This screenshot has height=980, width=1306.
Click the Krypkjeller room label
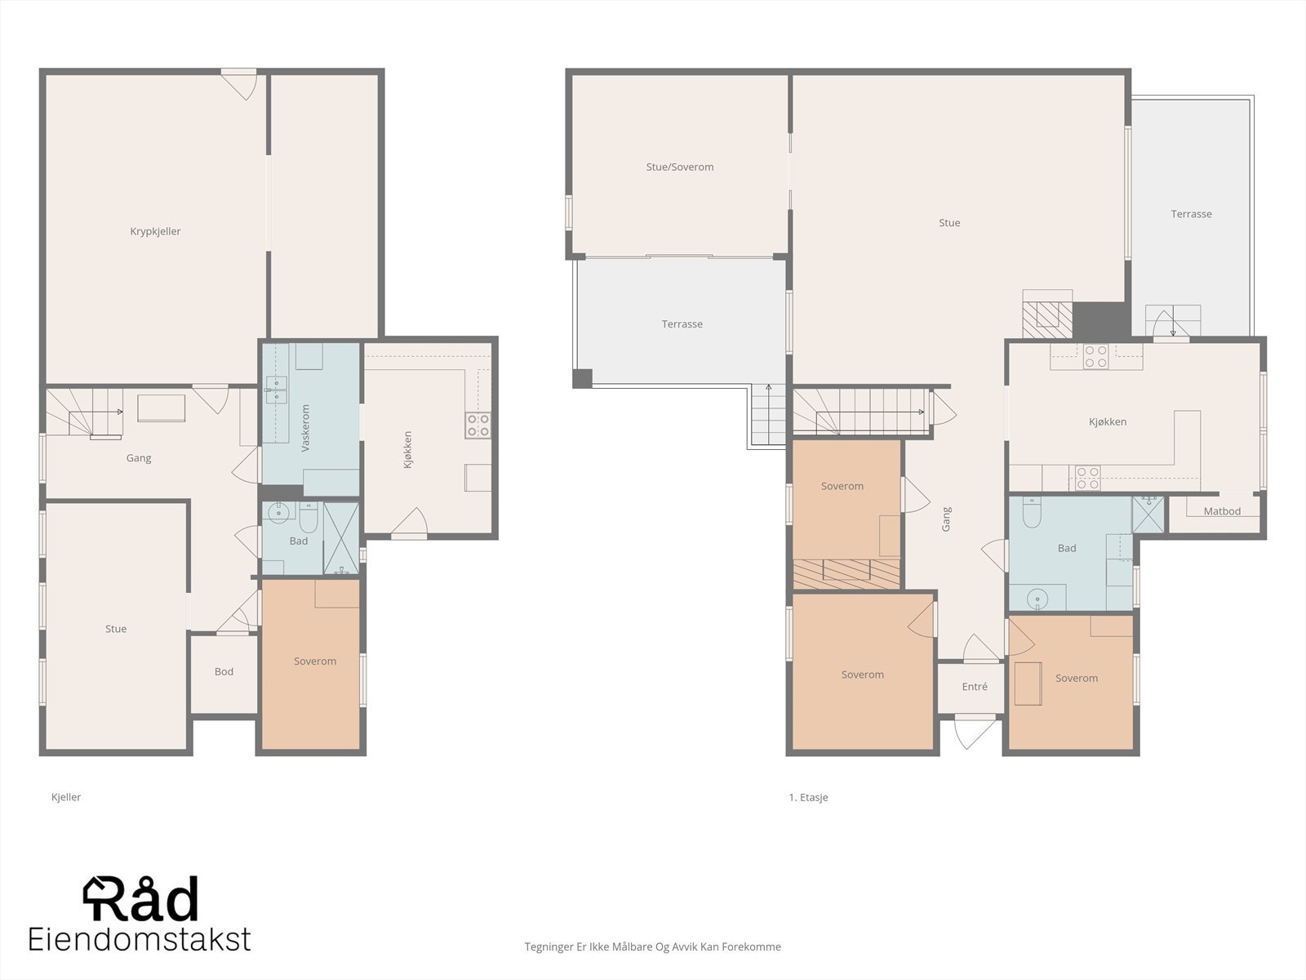pyautogui.click(x=155, y=231)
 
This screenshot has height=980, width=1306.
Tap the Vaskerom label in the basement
pyautogui.click(x=306, y=428)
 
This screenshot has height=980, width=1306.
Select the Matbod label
pyautogui.click(x=1222, y=511)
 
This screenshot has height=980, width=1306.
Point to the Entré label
pyautogui.click(x=975, y=687)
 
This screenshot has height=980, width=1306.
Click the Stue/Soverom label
pyautogui.click(x=680, y=167)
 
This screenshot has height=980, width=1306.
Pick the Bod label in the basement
pyautogui.click(x=224, y=672)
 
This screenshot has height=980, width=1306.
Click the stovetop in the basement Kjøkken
pyautogui.click(x=478, y=425)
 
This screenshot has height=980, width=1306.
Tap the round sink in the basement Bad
pyautogui.click(x=278, y=512)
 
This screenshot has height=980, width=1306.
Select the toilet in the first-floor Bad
pyautogui.click(x=1033, y=512)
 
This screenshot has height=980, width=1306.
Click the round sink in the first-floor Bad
pyautogui.click(x=1037, y=598)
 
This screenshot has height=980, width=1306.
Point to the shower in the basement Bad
pyautogui.click(x=341, y=538)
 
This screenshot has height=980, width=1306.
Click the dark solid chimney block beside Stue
pyautogui.click(x=1101, y=321)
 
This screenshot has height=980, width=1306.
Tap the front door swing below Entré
pyautogui.click(x=975, y=732)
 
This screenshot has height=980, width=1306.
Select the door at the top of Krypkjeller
pyautogui.click(x=239, y=84)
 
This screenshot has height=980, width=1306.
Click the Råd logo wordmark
pyautogui.click(x=140, y=898)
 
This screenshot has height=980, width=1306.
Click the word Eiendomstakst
pyautogui.click(x=140, y=939)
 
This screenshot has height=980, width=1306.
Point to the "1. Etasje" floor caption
pyautogui.click(x=808, y=797)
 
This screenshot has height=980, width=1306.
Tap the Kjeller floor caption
pyautogui.click(x=66, y=797)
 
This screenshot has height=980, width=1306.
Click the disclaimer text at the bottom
pyautogui.click(x=653, y=947)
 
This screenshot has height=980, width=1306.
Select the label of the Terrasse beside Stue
pyautogui.click(x=1191, y=214)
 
